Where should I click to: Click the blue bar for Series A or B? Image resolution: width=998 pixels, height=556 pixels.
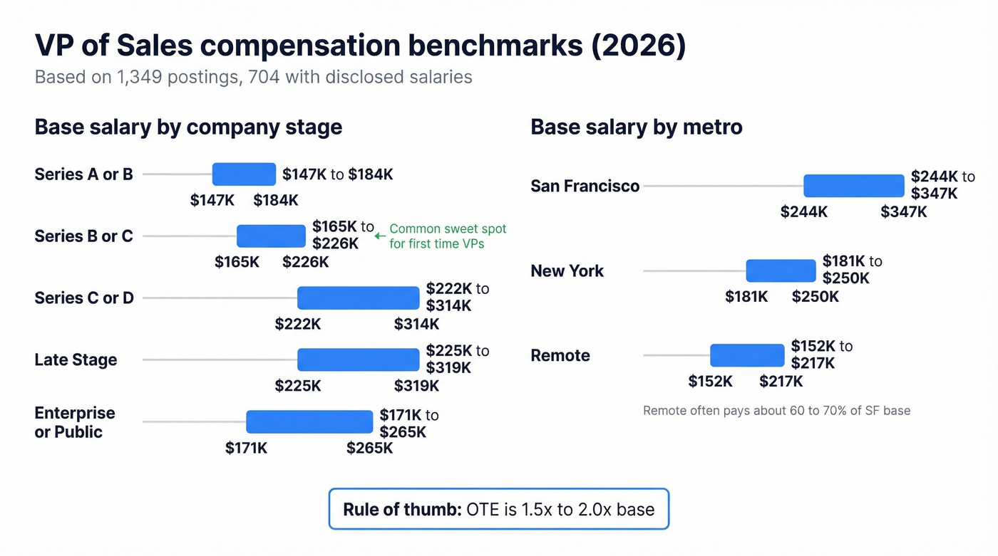tap(244, 174)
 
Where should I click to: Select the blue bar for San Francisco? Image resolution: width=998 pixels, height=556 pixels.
tap(853, 186)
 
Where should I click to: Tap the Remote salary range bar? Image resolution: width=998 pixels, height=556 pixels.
tap(746, 355)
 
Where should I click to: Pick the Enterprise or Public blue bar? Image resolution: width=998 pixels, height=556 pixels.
tap(309, 421)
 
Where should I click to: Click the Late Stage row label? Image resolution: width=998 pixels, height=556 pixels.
tap(76, 360)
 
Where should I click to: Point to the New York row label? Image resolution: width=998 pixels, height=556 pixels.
tap(567, 271)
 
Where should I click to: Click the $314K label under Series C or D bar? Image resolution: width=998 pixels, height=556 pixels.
tap(416, 325)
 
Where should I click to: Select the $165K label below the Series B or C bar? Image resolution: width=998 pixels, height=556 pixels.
tap(237, 262)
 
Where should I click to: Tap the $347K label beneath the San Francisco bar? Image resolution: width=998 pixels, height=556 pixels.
tap(903, 212)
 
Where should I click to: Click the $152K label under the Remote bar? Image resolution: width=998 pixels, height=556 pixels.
tap(710, 382)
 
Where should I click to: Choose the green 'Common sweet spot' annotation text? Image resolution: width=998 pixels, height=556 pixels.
tap(448, 236)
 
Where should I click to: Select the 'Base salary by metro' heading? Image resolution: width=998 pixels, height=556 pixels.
tap(636, 127)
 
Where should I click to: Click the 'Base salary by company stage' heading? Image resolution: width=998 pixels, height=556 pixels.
tap(188, 127)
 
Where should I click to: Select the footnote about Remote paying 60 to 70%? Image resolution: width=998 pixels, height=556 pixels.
tap(776, 411)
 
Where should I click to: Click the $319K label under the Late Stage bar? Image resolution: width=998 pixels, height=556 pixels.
tap(416, 387)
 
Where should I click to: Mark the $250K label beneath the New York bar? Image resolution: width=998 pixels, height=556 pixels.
tap(815, 297)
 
